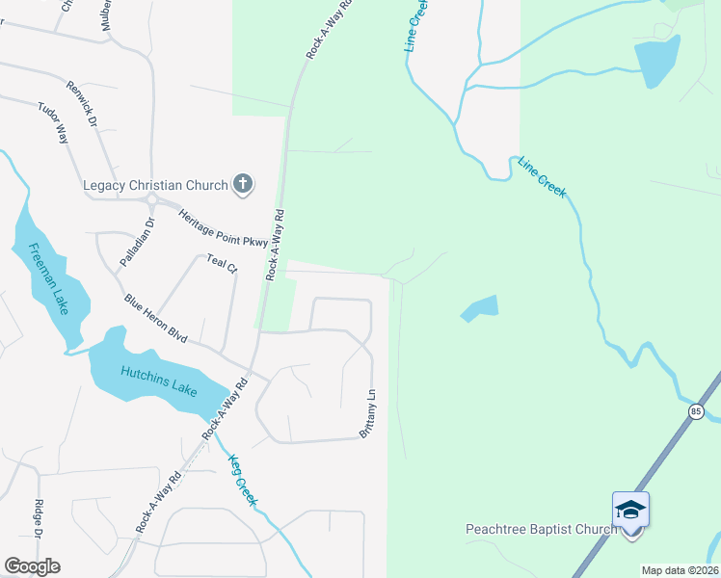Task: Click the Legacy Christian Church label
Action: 155,184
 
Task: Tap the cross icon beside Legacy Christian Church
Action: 243,184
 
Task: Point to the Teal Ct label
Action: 222,263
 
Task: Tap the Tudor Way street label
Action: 53,122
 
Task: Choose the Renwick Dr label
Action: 83,104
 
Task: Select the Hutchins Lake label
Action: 159,381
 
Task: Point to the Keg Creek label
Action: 242,480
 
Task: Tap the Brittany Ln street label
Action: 368,415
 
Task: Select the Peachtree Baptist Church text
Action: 541,529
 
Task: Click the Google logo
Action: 32,566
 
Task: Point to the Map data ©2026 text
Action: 680,570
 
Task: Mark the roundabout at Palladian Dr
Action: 151,200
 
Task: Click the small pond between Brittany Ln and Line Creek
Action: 480,309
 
